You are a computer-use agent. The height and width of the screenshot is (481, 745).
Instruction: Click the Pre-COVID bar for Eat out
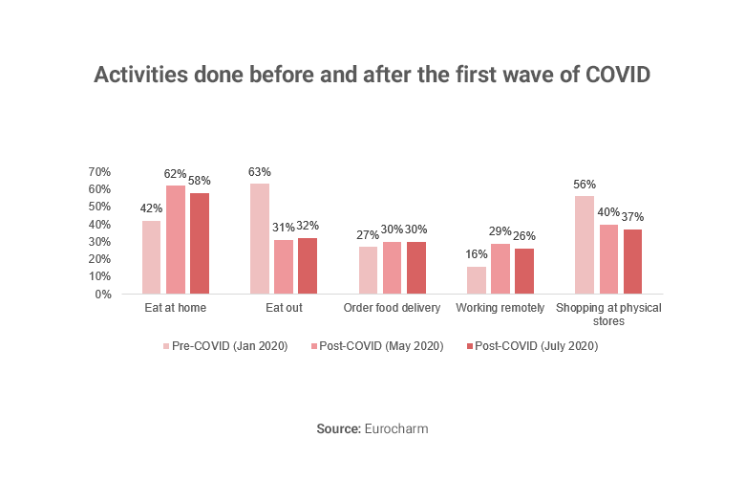tap(260, 238)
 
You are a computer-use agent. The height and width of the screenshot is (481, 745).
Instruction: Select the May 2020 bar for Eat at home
tap(175, 239)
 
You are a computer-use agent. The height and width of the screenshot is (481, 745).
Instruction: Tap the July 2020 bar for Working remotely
tap(524, 271)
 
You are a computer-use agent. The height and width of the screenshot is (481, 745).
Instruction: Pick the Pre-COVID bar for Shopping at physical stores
tap(585, 245)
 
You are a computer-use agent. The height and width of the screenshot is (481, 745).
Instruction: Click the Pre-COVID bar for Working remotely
tap(477, 279)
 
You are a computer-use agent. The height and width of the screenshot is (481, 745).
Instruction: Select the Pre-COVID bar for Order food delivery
tap(368, 270)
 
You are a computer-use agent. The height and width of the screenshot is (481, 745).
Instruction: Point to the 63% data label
tap(260, 172)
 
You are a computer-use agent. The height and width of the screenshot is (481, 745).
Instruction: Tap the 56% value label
tap(585, 185)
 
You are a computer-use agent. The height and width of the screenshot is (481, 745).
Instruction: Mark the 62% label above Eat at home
tap(175, 174)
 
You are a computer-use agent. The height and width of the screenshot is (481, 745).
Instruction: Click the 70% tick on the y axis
tap(99, 172)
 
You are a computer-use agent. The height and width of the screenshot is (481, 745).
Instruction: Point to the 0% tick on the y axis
tap(103, 294)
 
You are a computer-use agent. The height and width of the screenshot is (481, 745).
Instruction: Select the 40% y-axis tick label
tap(99, 225)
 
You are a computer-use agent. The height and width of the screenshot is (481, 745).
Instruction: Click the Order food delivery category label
tap(392, 308)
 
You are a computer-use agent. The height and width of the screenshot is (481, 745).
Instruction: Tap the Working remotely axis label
tap(500, 308)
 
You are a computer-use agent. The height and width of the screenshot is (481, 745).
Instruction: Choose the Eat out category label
tap(284, 308)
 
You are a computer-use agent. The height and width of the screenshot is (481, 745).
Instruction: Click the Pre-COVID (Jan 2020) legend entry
tap(227, 346)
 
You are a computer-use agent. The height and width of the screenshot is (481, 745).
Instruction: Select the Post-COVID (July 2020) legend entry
tap(536, 346)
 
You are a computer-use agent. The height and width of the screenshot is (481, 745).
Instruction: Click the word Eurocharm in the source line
tap(395, 429)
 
